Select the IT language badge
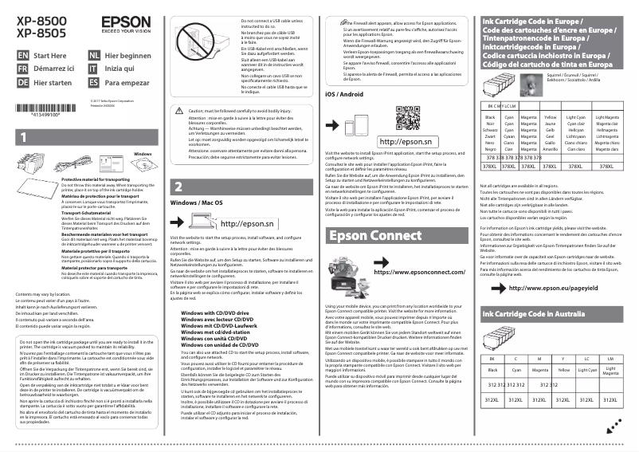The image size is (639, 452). pos(94,69)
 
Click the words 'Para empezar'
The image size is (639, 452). pos(127,83)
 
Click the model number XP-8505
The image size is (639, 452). pos(36,33)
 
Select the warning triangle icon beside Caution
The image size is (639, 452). pos(180,112)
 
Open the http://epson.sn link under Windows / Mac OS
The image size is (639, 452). pos(246,225)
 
